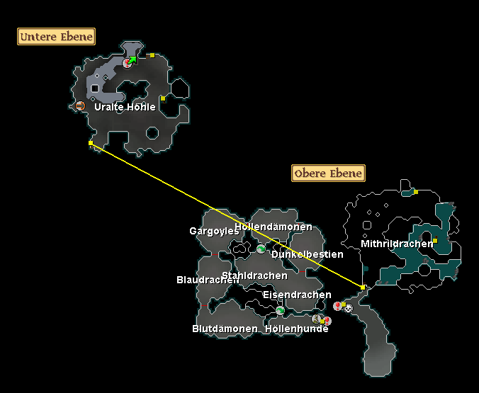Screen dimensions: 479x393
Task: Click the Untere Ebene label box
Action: pyautogui.click(x=56, y=37)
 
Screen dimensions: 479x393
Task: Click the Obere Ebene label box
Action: pyautogui.click(x=328, y=173)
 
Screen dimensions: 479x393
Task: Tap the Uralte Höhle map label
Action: pyautogui.click(x=125, y=107)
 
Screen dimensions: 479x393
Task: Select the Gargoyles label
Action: pyautogui.click(x=214, y=231)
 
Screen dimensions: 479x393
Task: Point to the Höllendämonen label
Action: pyautogui.click(x=274, y=227)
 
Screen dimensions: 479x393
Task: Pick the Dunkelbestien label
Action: pyautogui.click(x=308, y=254)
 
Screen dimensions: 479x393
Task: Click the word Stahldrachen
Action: pyautogui.click(x=255, y=275)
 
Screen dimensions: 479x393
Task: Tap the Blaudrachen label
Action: pyautogui.click(x=208, y=280)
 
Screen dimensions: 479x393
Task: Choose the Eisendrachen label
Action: pyautogui.click(x=297, y=295)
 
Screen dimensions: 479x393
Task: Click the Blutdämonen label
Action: pyautogui.click(x=225, y=329)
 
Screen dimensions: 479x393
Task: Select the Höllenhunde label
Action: pyautogui.click(x=297, y=329)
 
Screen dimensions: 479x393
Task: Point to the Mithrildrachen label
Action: pyautogui.click(x=397, y=244)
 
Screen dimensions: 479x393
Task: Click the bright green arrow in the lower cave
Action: pyautogui.click(x=133, y=60)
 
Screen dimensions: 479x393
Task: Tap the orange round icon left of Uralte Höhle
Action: pyautogui.click(x=80, y=106)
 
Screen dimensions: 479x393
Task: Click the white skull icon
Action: pyautogui.click(x=348, y=308)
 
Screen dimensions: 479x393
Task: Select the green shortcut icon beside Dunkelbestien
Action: pyautogui.click(x=261, y=249)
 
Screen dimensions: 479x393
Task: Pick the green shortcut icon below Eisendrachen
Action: pyautogui.click(x=280, y=311)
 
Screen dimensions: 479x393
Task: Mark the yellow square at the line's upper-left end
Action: pyautogui.click(x=91, y=143)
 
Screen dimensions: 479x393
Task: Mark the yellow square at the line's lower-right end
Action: pyautogui.click(x=363, y=287)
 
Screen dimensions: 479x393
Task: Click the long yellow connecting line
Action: pyautogui.click(x=227, y=215)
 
